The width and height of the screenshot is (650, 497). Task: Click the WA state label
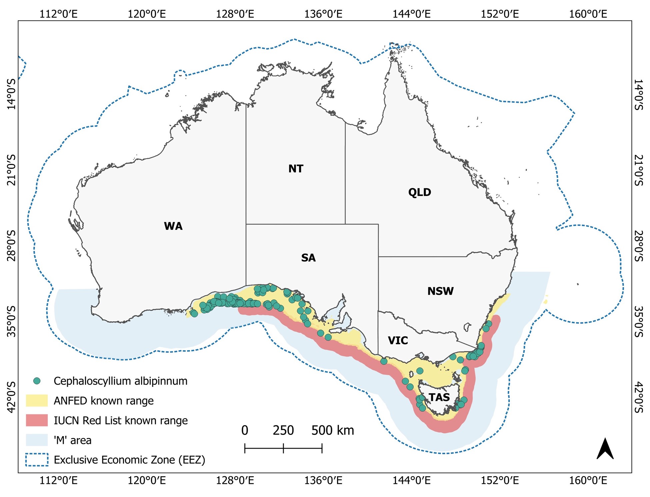[x=173, y=226]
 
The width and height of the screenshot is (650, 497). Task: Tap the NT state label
[x=296, y=169]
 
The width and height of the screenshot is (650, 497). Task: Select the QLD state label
[x=419, y=192]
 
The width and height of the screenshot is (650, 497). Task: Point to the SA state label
[x=308, y=258]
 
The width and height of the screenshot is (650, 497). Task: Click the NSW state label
[x=440, y=291]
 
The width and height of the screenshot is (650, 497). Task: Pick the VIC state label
[x=398, y=340]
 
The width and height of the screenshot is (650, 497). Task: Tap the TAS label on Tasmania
[x=439, y=397]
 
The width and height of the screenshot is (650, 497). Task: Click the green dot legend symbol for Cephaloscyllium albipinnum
[x=37, y=381]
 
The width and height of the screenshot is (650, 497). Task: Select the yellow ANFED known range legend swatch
[x=37, y=401]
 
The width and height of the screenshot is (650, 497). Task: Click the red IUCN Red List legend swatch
[x=37, y=420]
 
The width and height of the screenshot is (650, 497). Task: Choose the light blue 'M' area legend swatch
[x=37, y=440]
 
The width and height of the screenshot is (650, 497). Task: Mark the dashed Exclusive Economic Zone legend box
[x=37, y=460]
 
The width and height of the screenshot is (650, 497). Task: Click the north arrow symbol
[x=605, y=449]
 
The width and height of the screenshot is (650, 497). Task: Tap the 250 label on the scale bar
[x=283, y=431]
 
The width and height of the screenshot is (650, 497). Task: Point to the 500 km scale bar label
[x=332, y=431]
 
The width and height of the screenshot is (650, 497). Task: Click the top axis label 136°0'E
[x=323, y=14]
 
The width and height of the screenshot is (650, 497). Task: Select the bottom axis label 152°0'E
[x=499, y=480]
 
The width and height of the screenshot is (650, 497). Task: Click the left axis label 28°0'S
[x=11, y=246]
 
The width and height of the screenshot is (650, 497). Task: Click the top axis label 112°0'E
[x=58, y=14]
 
